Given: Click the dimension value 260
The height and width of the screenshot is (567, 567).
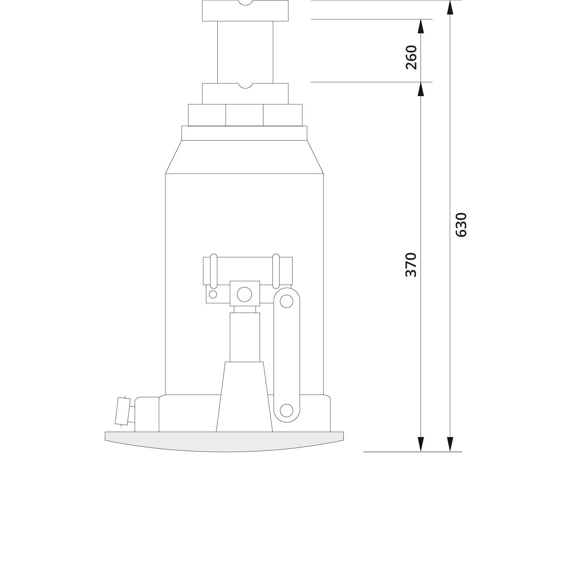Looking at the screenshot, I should pos(411,57).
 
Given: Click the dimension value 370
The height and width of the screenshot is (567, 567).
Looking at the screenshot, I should pos(411,265).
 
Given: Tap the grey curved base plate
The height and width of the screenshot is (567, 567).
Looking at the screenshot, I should pos(224,441).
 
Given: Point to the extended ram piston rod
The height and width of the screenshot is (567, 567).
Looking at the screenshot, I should pos(245,51).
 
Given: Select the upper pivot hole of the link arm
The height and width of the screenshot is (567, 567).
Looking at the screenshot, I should pos(286,301).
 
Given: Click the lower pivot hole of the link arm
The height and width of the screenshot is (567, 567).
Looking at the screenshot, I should pos(286,411).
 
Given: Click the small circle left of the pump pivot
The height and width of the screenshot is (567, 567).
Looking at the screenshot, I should pos(213,294).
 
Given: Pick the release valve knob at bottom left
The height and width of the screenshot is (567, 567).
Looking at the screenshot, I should pos(122,411).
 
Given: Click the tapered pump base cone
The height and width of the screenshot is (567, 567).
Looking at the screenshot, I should pos(244,398).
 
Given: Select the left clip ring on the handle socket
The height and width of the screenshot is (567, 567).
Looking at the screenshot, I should pos(213,271).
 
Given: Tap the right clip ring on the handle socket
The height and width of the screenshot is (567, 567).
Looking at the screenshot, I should pos(276,271).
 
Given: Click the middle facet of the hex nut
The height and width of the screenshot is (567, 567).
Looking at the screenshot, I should pos(244,115).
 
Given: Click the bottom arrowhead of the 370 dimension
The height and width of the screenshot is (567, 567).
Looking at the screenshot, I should pos(421,444).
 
